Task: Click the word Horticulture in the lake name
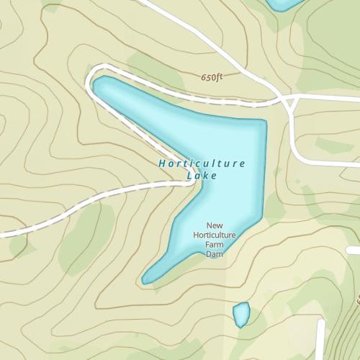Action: click(202, 163)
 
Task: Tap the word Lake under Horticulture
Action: click(202, 175)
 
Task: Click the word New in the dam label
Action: click(215, 225)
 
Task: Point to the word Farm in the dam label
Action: click(215, 244)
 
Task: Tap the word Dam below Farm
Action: click(215, 253)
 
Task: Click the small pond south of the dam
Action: click(241, 314)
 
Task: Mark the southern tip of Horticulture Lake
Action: click(146, 280)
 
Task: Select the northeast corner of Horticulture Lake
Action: click(263, 122)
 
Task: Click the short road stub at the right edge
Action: click(354, 250)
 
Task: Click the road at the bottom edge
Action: click(320, 346)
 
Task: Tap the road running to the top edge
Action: click(155, 6)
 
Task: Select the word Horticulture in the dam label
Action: click(215, 234)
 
